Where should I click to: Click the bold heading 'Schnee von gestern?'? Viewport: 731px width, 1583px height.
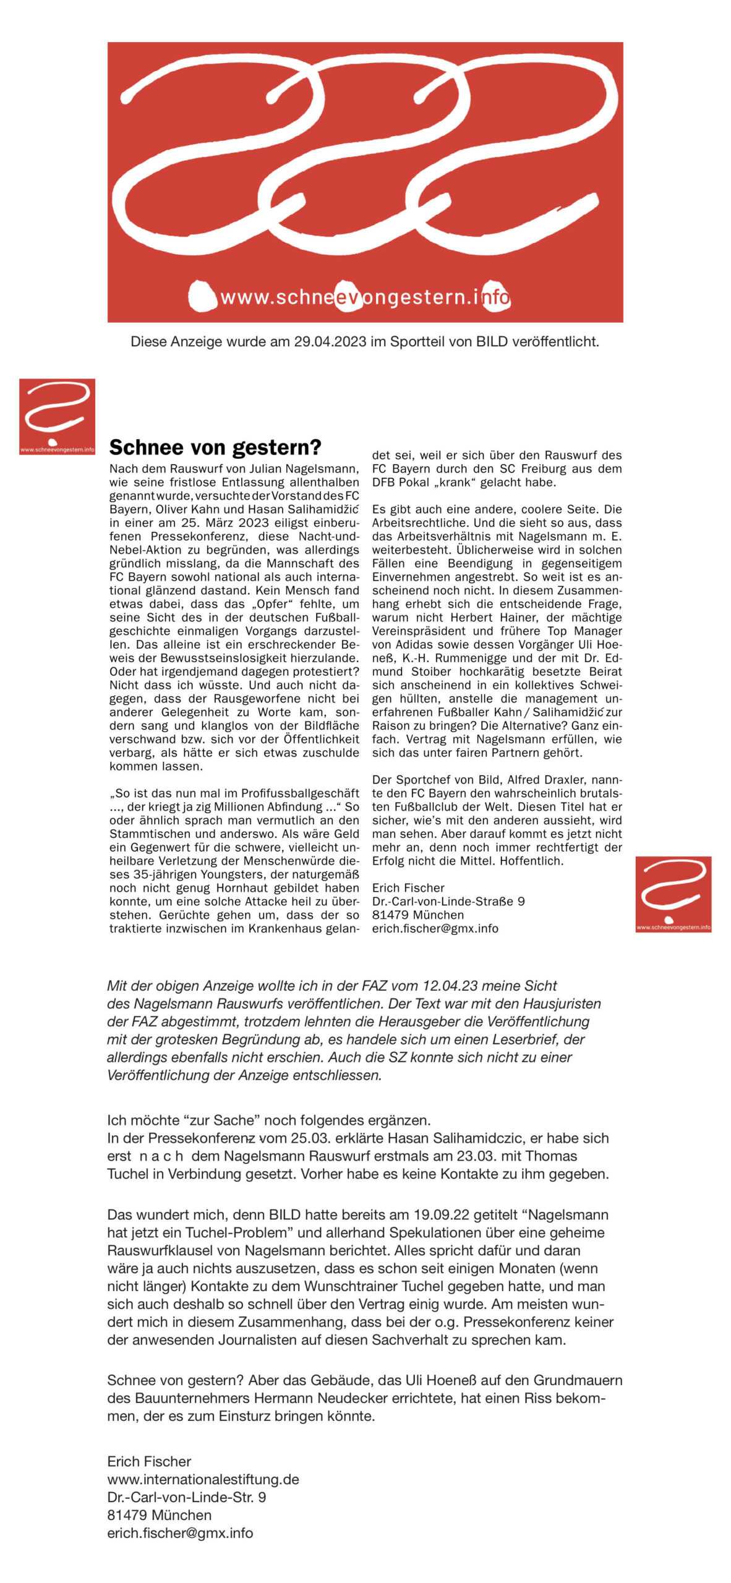[215, 447]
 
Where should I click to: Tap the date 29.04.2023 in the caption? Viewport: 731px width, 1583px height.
[330, 342]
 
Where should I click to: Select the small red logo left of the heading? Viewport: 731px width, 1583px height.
[57, 416]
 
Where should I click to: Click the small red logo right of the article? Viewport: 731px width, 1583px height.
[673, 894]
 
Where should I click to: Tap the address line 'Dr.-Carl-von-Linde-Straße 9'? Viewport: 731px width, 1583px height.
[448, 902]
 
